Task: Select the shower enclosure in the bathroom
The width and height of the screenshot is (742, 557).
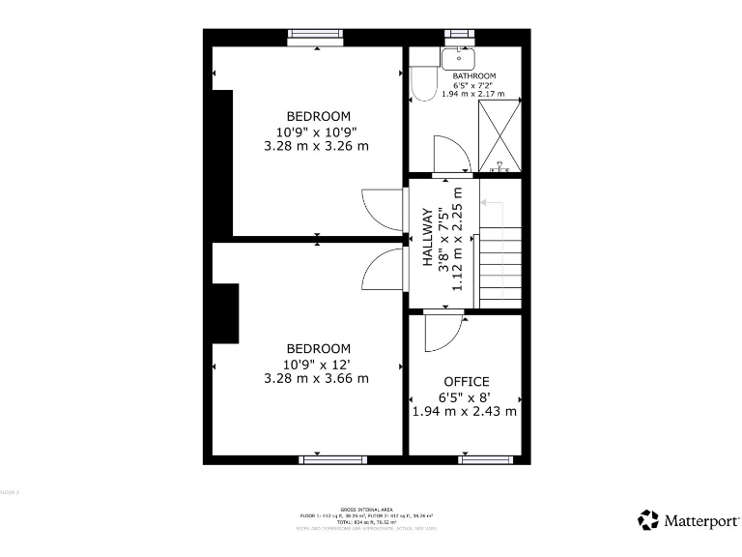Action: click(x=500, y=135)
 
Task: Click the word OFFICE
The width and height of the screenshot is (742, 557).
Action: click(x=466, y=382)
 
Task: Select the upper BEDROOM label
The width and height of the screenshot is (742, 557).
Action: click(x=318, y=117)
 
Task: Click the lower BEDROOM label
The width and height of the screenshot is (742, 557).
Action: click(x=318, y=349)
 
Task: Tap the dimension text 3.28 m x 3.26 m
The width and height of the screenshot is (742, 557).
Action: click(x=317, y=147)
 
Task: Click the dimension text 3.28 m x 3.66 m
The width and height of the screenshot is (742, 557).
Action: click(x=317, y=379)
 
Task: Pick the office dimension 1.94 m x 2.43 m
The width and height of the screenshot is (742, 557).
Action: click(x=465, y=411)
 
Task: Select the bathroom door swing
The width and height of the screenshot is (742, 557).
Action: click(x=449, y=155)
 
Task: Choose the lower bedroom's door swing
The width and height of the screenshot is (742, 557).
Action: click(x=382, y=270)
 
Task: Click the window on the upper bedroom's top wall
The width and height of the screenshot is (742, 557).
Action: click(x=317, y=35)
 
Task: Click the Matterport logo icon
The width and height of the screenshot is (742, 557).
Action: click(x=648, y=520)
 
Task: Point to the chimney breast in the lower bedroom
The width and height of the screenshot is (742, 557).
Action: click(x=225, y=313)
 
